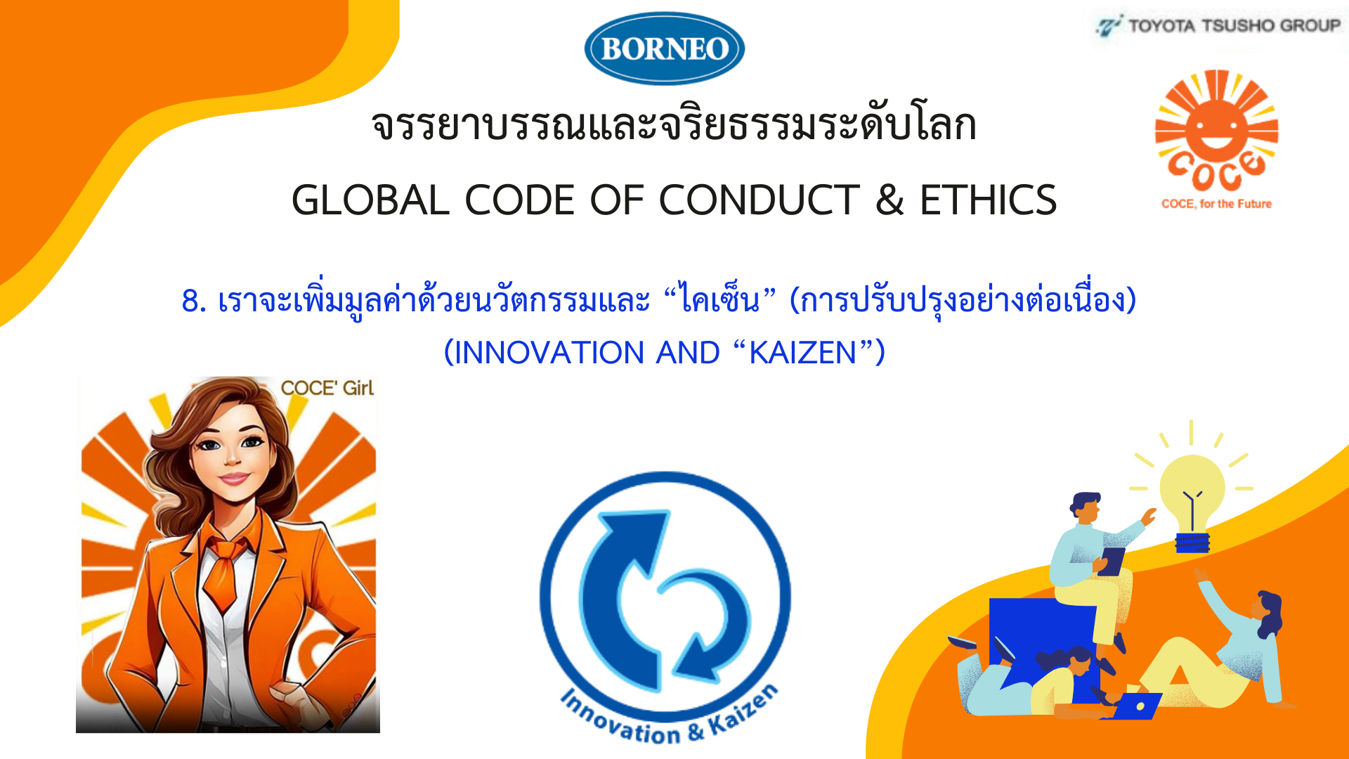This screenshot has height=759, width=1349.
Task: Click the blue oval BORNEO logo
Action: pyautogui.click(x=664, y=48)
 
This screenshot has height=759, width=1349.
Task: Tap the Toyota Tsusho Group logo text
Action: pyautogui.click(x=1234, y=26)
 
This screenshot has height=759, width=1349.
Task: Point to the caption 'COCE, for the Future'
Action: pyautogui.click(x=1216, y=204)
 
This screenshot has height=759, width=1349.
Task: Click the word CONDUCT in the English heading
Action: pyautogui.click(x=759, y=200)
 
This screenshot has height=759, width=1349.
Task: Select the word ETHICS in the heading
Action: pyautogui.click(x=988, y=200)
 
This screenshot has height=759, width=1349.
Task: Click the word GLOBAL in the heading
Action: pyautogui.click(x=370, y=200)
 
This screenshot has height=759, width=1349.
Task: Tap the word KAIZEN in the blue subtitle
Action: pyautogui.click(x=803, y=353)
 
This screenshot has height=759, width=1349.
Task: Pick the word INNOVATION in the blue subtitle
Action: pyautogui.click(x=549, y=353)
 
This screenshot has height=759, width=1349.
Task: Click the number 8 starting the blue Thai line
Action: pyautogui.click(x=190, y=301)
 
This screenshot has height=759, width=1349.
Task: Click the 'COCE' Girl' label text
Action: pyautogui.click(x=327, y=388)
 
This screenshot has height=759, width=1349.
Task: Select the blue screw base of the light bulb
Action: pyautogui.click(x=1192, y=543)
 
